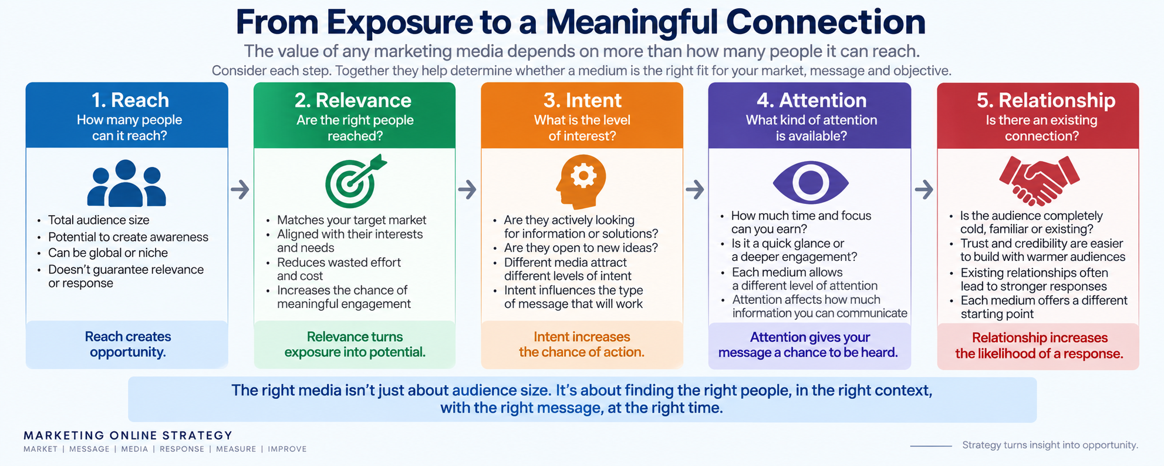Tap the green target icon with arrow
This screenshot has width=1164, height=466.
click(355, 182)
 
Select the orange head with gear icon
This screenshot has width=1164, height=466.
click(581, 182)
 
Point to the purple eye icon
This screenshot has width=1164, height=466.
click(810, 182)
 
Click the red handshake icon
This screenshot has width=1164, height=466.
click(1039, 181)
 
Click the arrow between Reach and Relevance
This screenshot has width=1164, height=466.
click(240, 189)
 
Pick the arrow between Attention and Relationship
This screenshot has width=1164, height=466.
click(924, 189)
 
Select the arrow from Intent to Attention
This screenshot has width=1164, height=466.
click(695, 189)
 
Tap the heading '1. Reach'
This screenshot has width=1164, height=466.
click(130, 100)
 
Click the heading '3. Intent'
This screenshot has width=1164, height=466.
click(582, 100)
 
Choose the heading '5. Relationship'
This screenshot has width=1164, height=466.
click(1046, 100)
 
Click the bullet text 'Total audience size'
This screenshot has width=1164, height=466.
click(99, 220)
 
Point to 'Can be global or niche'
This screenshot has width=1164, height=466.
click(108, 253)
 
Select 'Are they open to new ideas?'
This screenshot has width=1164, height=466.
click(581, 247)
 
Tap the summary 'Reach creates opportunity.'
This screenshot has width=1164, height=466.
click(128, 344)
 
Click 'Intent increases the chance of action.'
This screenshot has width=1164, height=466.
click(582, 344)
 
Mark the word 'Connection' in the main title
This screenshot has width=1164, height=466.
click(826, 22)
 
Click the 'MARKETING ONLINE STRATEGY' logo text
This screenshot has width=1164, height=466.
click(128, 435)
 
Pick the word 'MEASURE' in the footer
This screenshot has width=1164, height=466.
click(236, 449)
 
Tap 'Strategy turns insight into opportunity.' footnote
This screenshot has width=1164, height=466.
click(1050, 445)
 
